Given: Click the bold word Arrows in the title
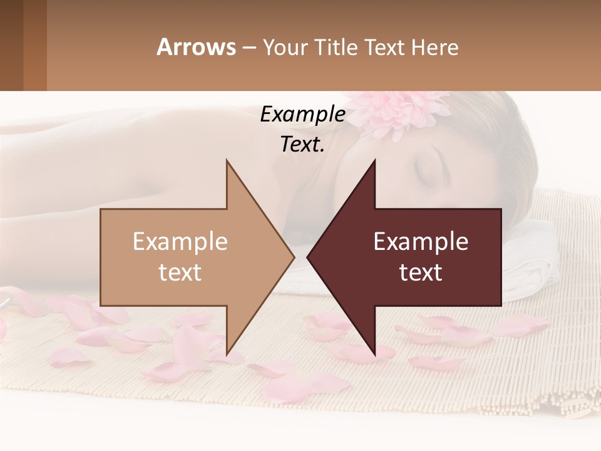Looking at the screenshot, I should [x=196, y=47].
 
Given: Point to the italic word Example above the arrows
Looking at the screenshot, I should [x=302, y=114].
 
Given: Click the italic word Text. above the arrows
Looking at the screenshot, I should [x=302, y=144].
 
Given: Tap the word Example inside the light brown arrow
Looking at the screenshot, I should [x=180, y=242].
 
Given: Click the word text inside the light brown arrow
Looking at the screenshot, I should [x=180, y=272].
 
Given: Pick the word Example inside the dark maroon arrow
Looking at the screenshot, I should [x=421, y=242].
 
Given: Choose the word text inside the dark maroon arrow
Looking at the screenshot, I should [x=421, y=272].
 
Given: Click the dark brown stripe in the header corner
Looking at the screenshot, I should [x=11, y=45].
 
